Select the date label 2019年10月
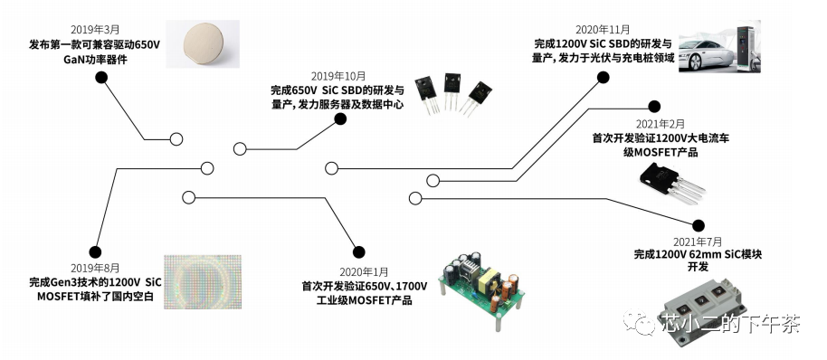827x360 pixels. pos(337,75)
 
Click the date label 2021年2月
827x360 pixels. pos(660,124)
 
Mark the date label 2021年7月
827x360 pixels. pos(697,242)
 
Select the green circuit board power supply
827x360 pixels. pos(479,281)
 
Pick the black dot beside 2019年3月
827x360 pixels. pos(101,78)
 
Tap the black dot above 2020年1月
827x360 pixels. pos(358,251)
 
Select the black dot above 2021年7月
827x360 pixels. pos(698,225)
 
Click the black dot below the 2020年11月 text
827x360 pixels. pos(604,78)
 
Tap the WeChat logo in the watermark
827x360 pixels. pos(646,323)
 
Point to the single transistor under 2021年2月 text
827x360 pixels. pos(671,182)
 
